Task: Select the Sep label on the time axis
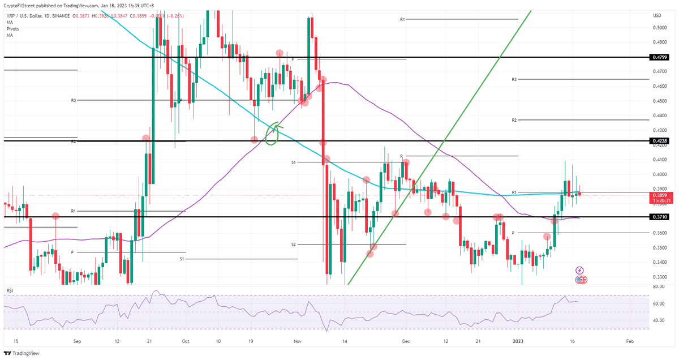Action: coord(78,341)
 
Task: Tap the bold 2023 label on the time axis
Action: coord(519,341)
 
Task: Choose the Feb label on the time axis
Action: coord(630,341)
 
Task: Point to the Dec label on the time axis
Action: coord(406,341)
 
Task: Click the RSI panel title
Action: coord(10,290)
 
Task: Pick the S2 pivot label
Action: coord(294,244)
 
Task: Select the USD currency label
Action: coord(657,15)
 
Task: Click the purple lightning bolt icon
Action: coord(579,271)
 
